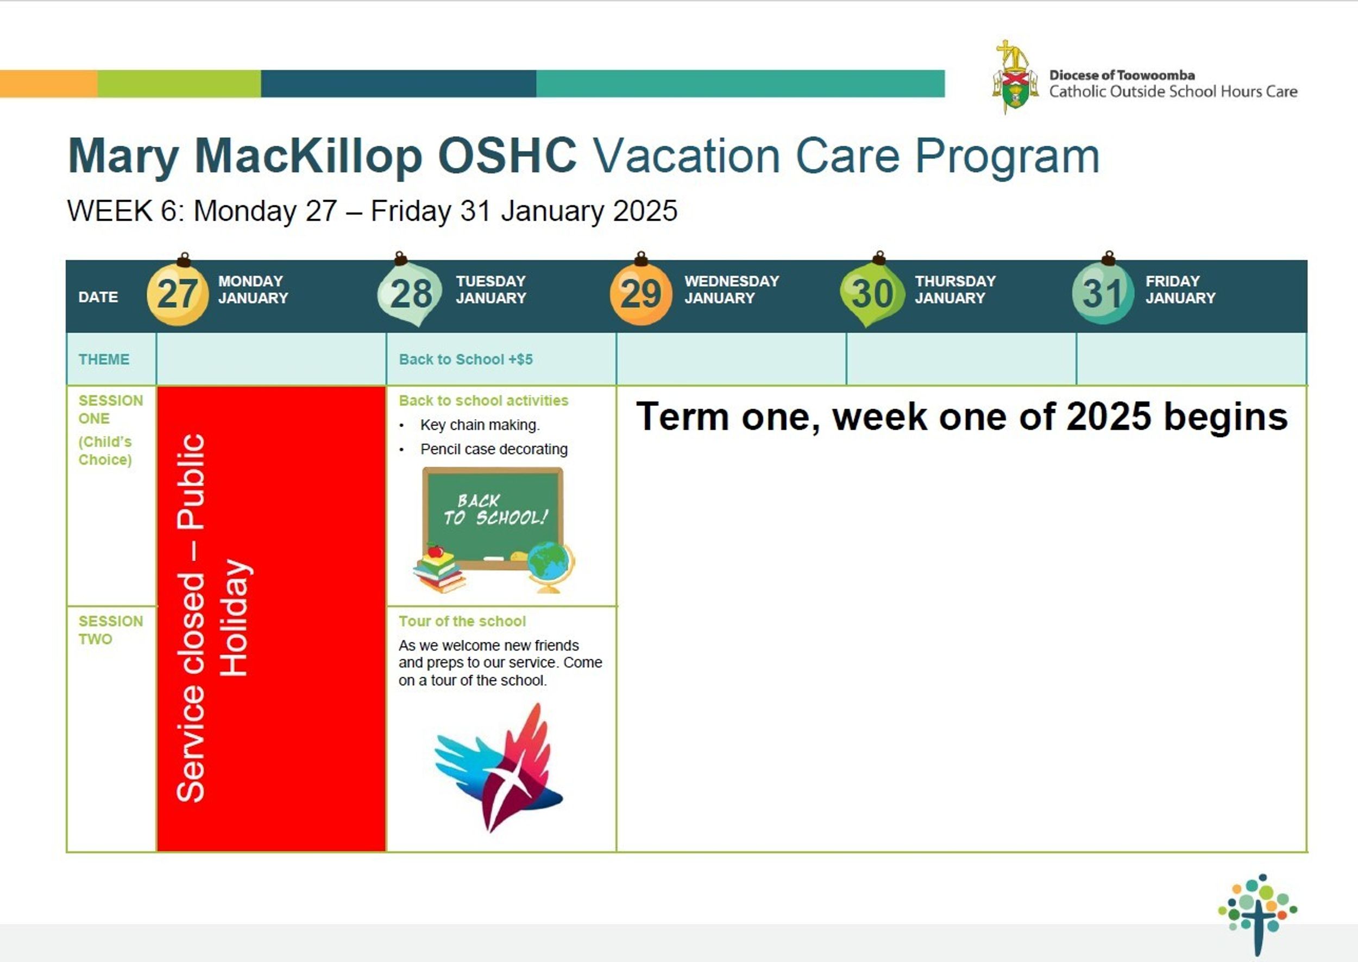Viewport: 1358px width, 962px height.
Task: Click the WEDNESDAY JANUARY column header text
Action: (732, 290)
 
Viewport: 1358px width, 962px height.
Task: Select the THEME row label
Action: (104, 360)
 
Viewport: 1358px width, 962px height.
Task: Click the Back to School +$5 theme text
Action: (466, 360)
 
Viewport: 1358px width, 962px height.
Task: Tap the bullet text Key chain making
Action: (480, 426)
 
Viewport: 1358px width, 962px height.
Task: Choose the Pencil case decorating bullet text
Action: (494, 449)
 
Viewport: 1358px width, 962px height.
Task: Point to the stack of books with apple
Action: (439, 569)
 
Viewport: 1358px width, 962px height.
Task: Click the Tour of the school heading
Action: (462, 621)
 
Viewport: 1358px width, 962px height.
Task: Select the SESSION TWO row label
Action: (111, 630)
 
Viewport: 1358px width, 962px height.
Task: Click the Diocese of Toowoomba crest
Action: (1015, 77)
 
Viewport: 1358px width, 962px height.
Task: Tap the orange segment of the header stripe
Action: (48, 84)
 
